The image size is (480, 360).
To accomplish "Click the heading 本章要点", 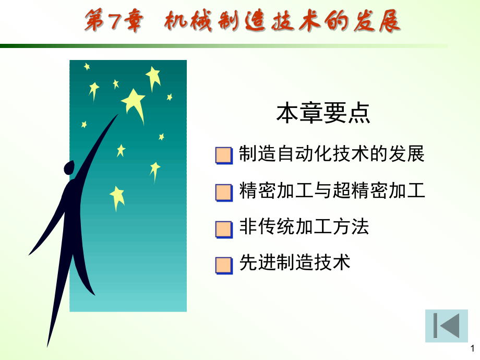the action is coord(323,113).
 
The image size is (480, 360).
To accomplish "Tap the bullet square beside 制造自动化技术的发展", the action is coord(224,155).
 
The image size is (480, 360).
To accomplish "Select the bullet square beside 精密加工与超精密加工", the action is coord(224,193).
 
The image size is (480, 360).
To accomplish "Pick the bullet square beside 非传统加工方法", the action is coord(224,230).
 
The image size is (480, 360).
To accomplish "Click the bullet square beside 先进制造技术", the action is coord(224,266).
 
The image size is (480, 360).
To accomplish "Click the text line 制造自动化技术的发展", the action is coord(331,153).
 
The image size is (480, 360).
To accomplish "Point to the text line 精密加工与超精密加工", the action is coord(332,190).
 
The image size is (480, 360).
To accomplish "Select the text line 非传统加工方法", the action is coord(304,226).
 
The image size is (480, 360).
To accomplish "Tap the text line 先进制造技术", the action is coord(294,262).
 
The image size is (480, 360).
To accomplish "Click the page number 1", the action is coord(472,349).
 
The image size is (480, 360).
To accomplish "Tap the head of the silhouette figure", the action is coord(69,167).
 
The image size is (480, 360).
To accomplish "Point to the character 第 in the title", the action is coord(95,20).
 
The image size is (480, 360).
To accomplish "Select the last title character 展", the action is coord(389,21).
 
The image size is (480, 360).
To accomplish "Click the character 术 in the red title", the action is coord(309,21).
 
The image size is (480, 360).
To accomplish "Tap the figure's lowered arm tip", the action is coord(29,255).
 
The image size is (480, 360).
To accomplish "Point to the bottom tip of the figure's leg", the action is coord(47,346).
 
